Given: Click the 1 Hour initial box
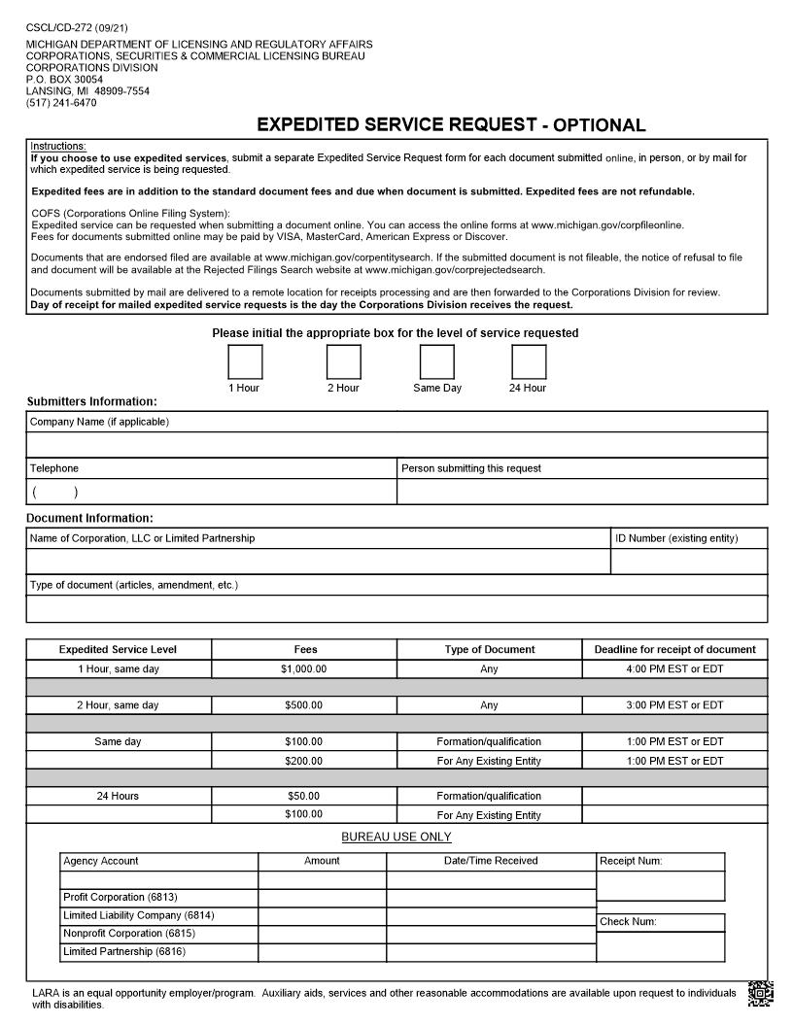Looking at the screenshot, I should pos(245,362).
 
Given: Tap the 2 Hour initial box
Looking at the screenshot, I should pos(343,362).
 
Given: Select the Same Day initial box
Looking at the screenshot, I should pos(436,362).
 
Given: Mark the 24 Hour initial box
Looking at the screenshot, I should pos(529,362).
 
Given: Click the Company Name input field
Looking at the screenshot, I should pos(396,444).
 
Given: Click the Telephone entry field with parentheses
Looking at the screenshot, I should pos(211,492).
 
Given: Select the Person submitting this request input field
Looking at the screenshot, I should pos(582,492).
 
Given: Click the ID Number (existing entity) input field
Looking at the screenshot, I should pos(689,562).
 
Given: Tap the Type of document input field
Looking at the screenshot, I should pos(396,609).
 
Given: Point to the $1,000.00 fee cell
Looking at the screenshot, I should pos(304,669).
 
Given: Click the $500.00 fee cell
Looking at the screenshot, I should pos(304,705).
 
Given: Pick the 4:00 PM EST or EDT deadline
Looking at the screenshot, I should pos(674,669).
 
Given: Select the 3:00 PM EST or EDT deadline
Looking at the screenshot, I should pos(674,705).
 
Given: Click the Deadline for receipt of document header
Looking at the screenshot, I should pos(674,650).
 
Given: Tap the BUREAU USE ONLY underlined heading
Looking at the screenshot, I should pos(396,838).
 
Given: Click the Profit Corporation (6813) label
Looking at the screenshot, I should pos(121,898).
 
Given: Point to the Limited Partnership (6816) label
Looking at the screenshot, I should pos(123,952).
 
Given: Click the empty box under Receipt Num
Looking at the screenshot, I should pos(660,886).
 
